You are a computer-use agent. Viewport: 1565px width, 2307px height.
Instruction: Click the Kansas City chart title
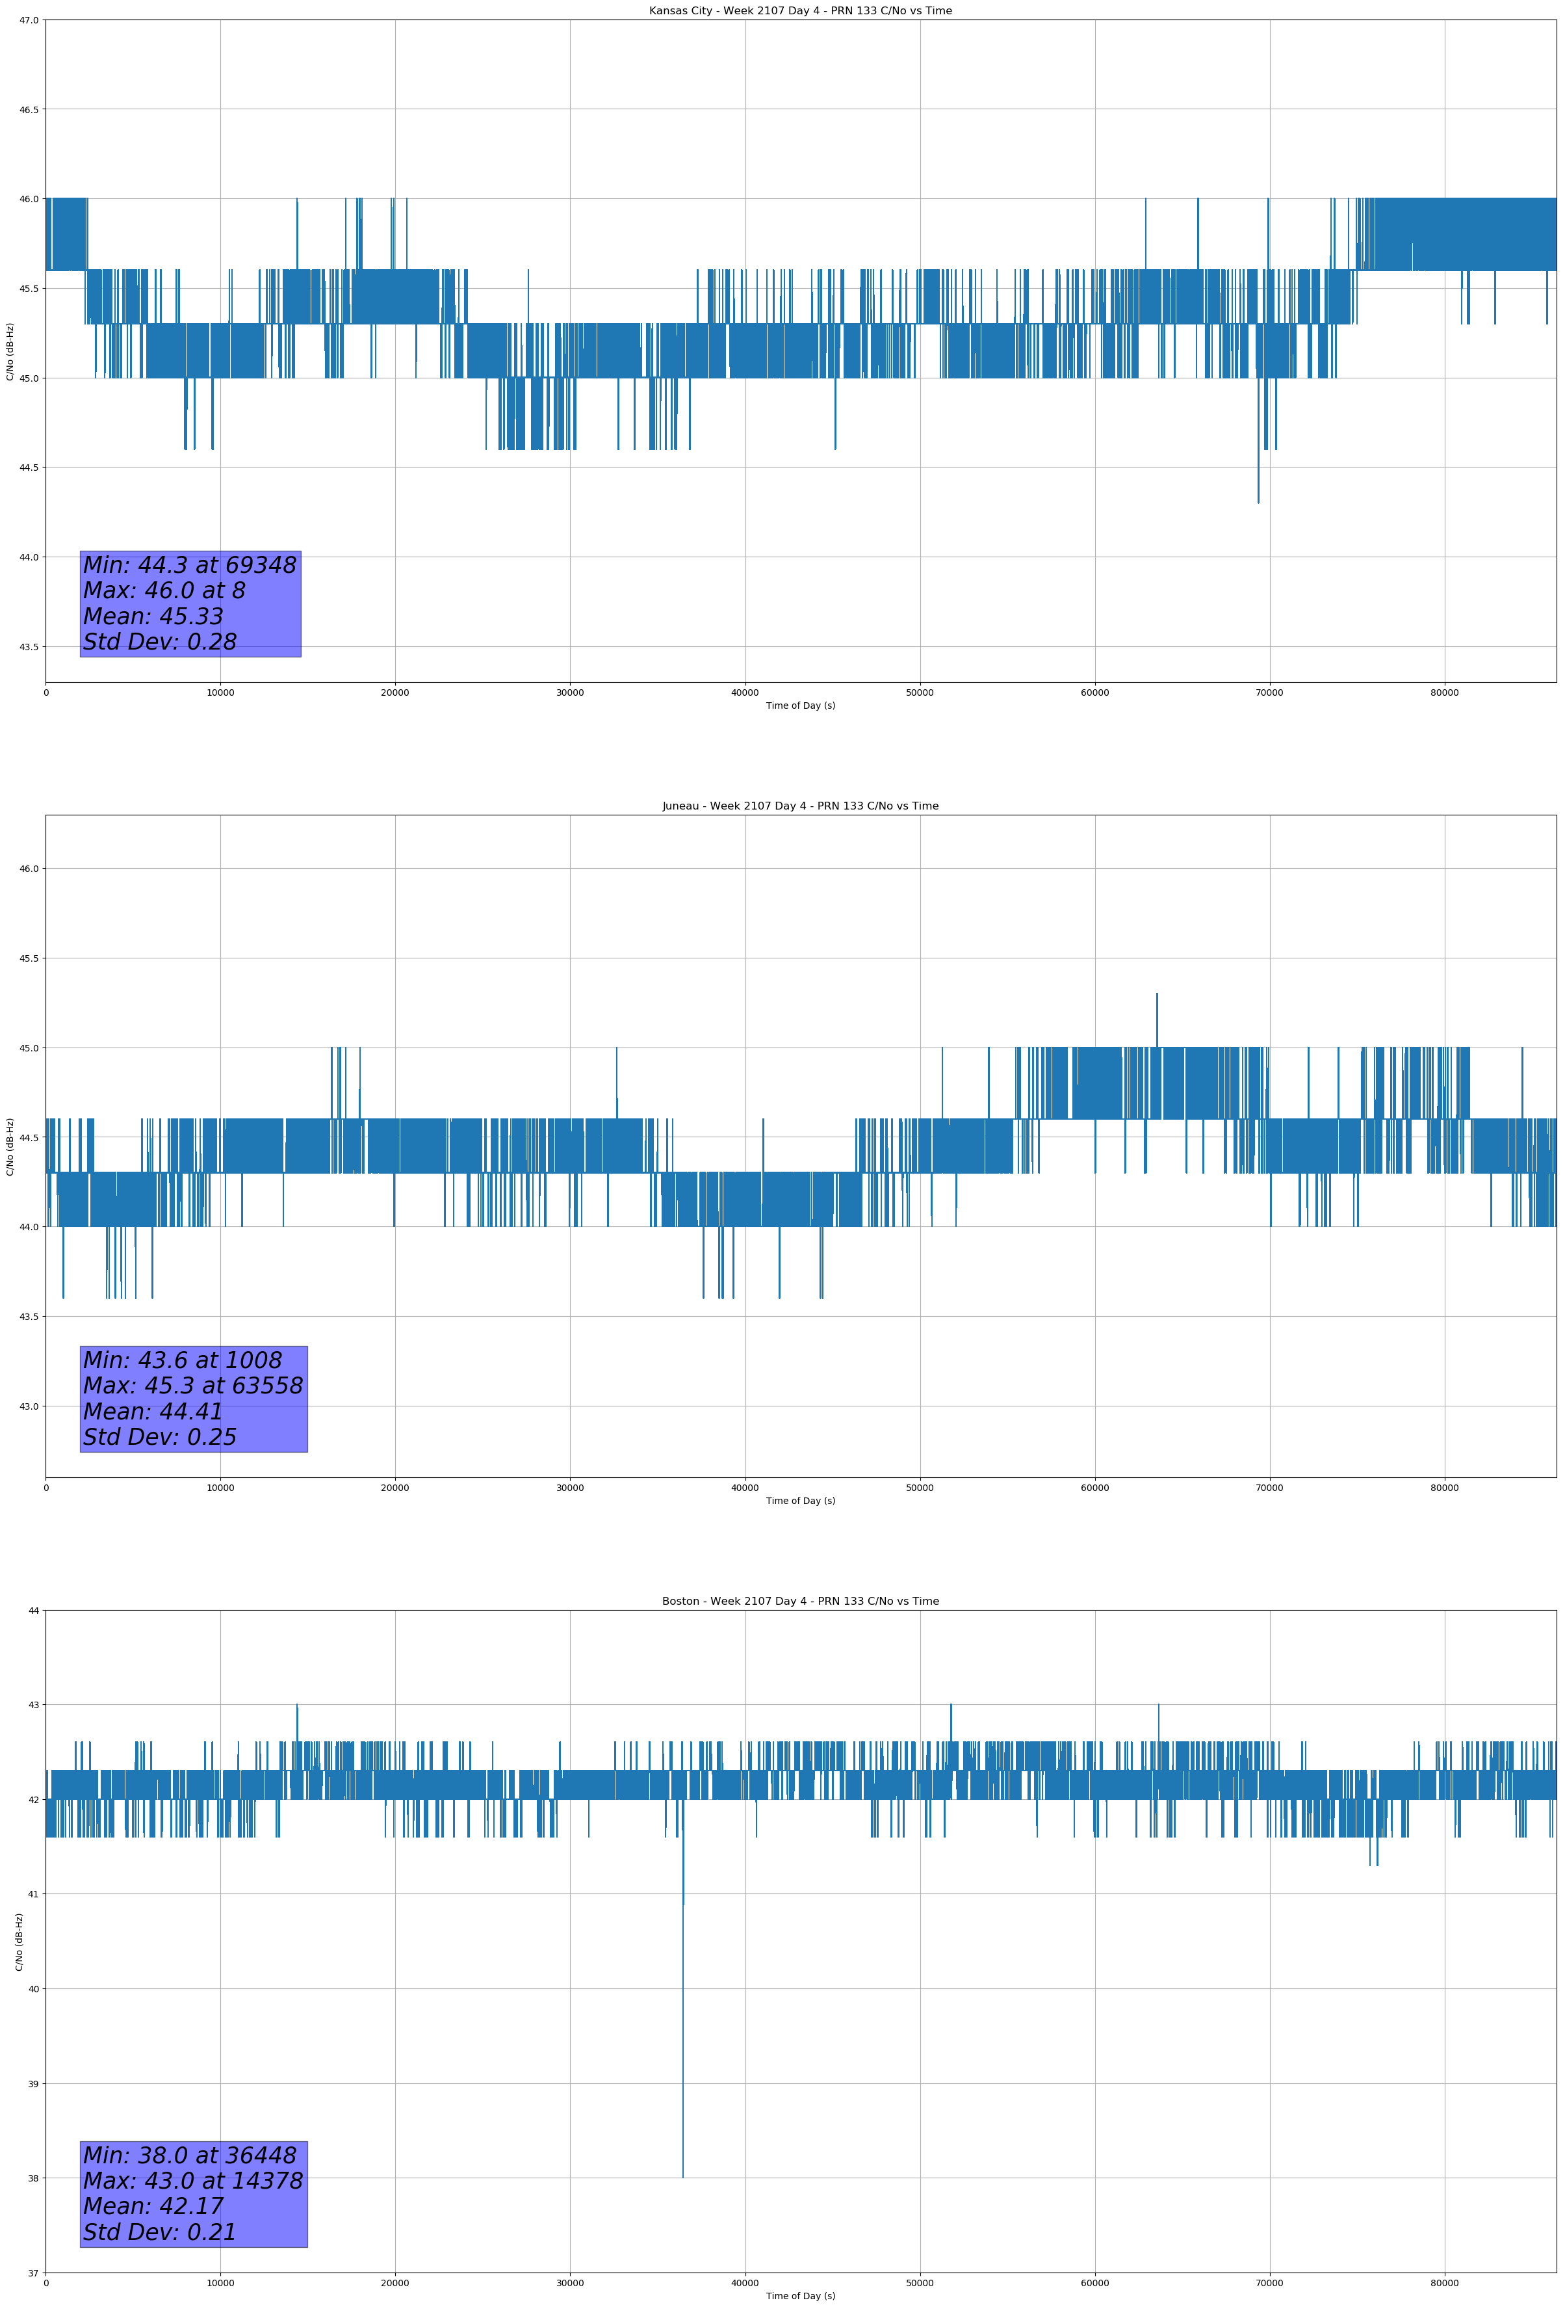[x=800, y=11]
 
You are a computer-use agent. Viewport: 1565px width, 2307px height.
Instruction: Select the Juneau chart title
[x=800, y=806]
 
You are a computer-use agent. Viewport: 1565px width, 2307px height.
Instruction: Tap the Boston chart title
[x=800, y=1602]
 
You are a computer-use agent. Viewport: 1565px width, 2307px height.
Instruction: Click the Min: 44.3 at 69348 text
[x=190, y=565]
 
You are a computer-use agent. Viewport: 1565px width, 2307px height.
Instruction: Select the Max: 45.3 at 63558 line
[x=192, y=1385]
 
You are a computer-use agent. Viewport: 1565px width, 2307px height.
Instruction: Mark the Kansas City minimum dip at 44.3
[x=1258, y=502]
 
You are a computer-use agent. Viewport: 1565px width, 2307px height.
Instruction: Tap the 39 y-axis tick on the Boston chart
[x=34, y=2083]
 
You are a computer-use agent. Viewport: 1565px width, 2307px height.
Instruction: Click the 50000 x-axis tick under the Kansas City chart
[x=920, y=693]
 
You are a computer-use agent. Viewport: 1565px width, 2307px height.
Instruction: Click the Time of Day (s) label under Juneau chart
[x=800, y=1501]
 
